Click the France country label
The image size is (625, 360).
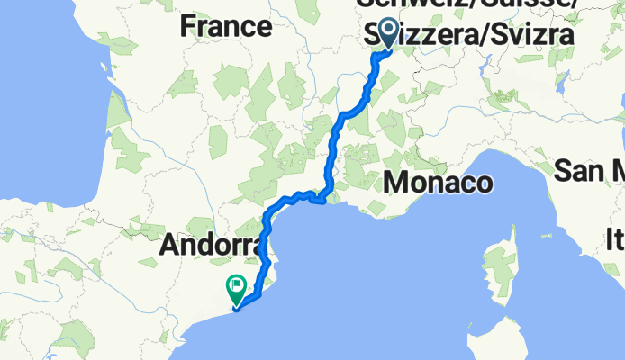(x=226, y=26)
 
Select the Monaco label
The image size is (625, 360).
(x=439, y=184)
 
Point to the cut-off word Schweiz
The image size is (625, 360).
(x=401, y=4)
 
